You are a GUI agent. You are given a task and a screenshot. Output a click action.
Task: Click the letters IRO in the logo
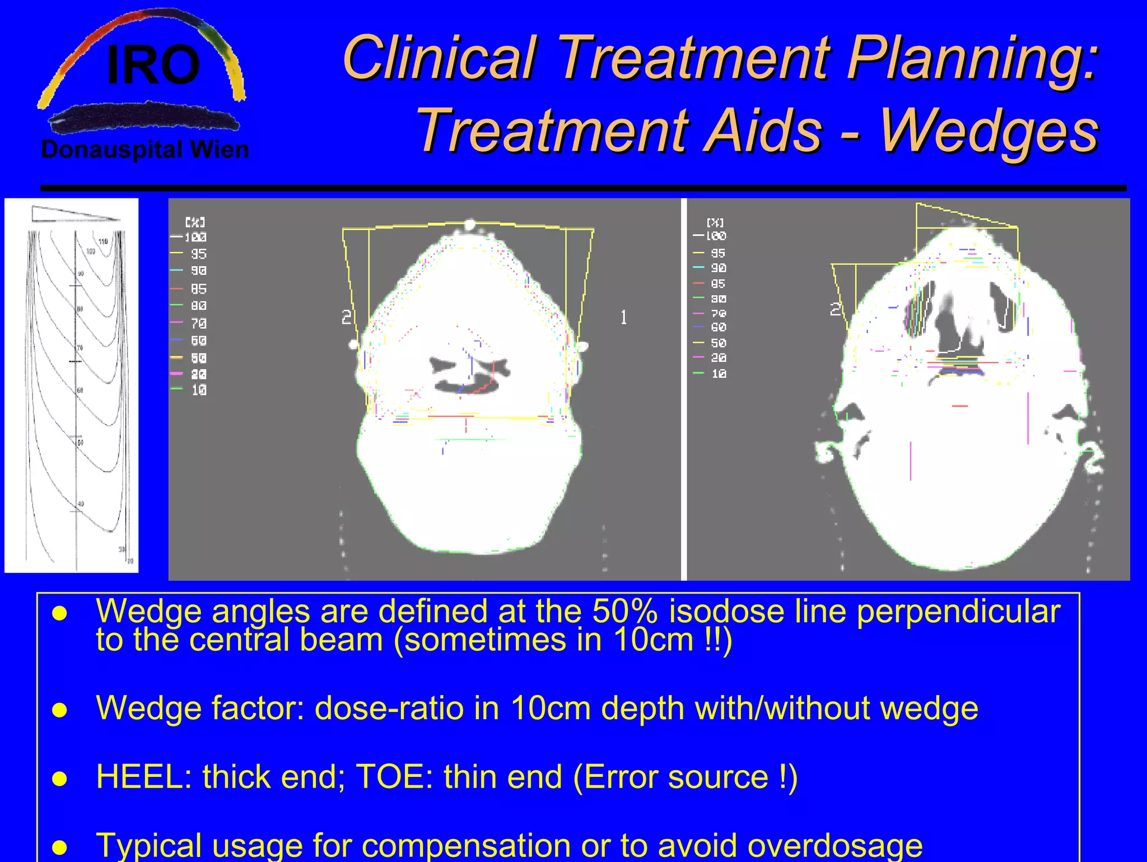coord(153,66)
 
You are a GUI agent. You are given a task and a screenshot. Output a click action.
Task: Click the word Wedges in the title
coord(989,131)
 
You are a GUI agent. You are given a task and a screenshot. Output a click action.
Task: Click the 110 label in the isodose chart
coord(103,241)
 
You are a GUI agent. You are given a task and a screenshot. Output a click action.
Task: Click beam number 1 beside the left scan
coord(623,318)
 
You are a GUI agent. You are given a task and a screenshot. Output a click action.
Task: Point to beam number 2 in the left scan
coord(347,318)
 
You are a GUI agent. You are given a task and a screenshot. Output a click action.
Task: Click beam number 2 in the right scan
coord(835,309)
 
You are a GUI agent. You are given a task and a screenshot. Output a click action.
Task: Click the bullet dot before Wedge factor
coord(59,710)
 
